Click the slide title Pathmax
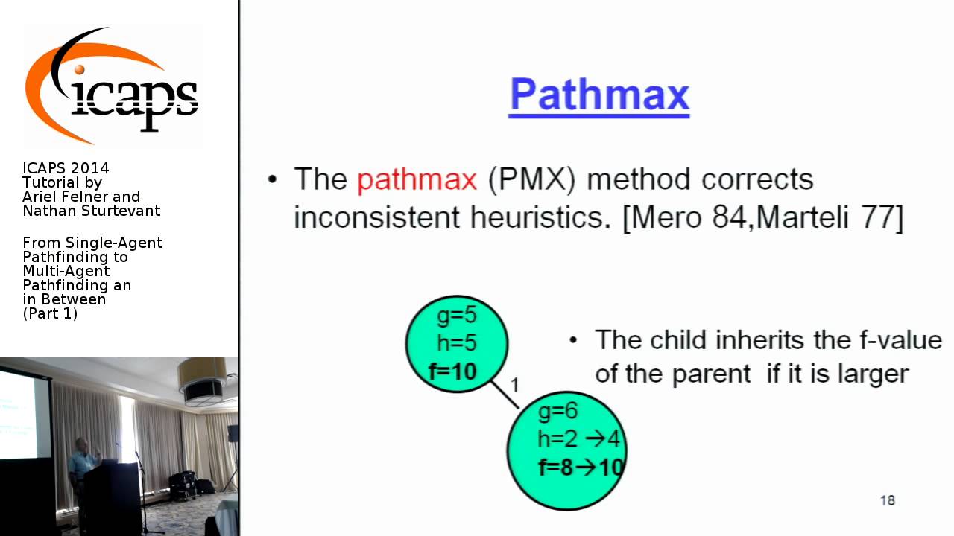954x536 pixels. point(598,95)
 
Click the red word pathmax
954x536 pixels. point(416,179)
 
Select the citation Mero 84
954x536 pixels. point(686,217)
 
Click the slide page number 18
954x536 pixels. point(887,500)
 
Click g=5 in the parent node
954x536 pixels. point(456,316)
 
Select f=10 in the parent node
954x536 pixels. point(452,371)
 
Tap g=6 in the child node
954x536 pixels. point(557,411)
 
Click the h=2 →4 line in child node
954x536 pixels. point(578,438)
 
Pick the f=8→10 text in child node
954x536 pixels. point(580,467)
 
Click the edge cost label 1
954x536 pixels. point(514,385)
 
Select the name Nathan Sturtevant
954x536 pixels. point(91,211)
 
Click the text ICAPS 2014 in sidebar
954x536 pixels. point(66,168)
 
